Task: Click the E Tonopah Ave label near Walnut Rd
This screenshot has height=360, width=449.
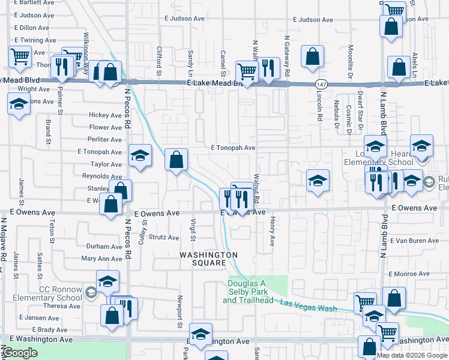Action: pos(234,148)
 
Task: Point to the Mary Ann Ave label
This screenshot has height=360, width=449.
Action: pos(101,259)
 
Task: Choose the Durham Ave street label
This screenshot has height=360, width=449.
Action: pos(104,247)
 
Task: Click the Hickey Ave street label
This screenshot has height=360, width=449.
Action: pos(105,115)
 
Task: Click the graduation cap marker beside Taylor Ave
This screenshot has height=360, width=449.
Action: pos(139,156)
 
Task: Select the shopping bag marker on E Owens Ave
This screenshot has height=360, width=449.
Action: pos(112,203)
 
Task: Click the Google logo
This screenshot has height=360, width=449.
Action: pos(20,353)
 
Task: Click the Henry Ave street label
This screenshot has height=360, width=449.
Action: pos(272,231)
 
